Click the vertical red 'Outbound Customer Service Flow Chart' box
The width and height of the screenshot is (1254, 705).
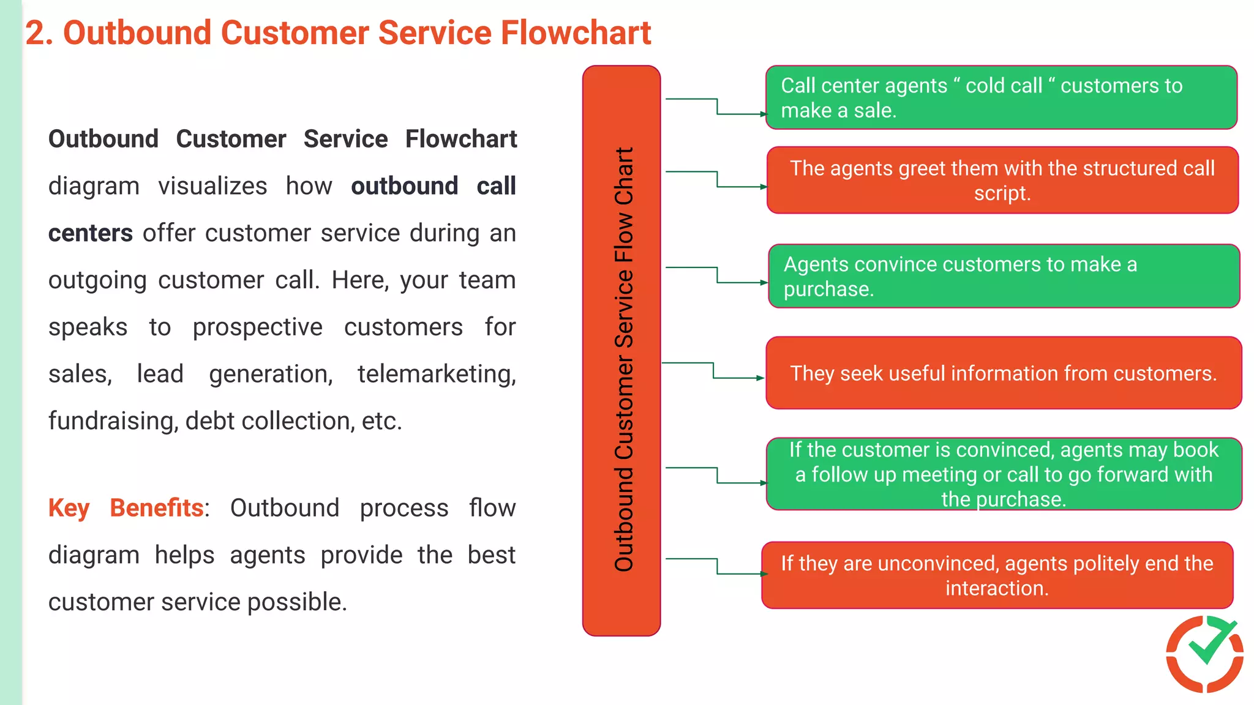click(x=621, y=350)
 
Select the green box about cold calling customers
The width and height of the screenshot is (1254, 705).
click(x=1001, y=98)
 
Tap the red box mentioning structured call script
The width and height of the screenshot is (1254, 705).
click(x=1002, y=181)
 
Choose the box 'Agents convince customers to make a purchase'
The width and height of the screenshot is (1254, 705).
click(x=1003, y=276)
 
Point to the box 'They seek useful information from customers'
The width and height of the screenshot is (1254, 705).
click(x=1003, y=373)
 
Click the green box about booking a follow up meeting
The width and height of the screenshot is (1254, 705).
click(x=1003, y=474)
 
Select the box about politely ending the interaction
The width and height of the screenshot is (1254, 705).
click(x=997, y=575)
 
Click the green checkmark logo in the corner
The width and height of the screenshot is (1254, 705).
click(x=1205, y=654)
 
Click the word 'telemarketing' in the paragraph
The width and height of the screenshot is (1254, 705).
click(x=436, y=374)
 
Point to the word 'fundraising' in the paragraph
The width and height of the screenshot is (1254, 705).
click(x=113, y=421)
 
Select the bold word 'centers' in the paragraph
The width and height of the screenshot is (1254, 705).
click(x=90, y=233)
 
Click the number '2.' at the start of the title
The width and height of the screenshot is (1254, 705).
click(x=39, y=33)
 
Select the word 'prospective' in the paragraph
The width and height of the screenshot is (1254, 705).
click(x=257, y=327)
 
